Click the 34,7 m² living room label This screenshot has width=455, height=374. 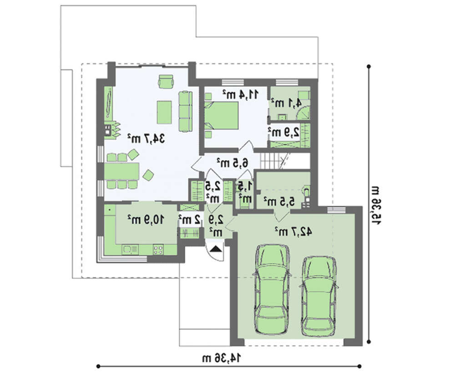[146, 139]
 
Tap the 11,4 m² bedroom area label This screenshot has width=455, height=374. [240, 94]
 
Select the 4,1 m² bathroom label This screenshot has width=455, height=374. [286, 103]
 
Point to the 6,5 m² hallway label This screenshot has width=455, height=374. [233, 163]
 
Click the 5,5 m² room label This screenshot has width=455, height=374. [279, 201]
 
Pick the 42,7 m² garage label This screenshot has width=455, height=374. [293, 231]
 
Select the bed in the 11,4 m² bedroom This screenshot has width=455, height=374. [222, 116]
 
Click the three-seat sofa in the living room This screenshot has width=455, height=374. [186, 111]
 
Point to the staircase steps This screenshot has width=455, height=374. [269, 162]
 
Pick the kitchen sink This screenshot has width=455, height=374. [130, 249]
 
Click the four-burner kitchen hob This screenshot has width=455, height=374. [158, 249]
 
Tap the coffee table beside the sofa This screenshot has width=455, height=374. [164, 112]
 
